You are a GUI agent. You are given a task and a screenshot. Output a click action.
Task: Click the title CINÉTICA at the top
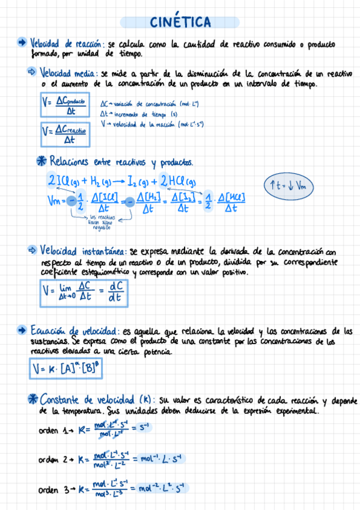[180, 22]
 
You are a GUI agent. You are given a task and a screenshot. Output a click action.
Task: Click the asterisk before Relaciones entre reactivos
[41, 161]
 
